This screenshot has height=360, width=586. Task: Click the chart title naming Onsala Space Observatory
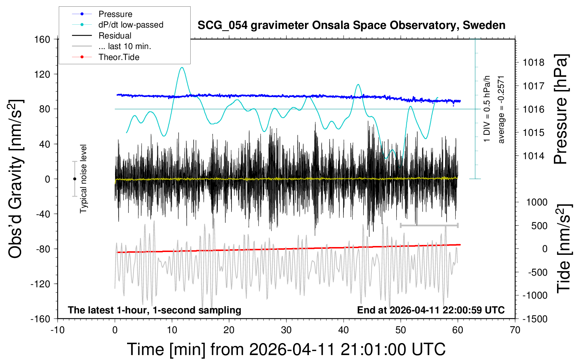click(351, 25)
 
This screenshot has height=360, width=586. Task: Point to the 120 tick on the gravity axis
click(43, 74)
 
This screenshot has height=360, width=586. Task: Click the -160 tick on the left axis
click(40, 319)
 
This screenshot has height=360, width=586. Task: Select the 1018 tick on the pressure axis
click(533, 62)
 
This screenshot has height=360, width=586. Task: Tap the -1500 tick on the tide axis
click(535, 319)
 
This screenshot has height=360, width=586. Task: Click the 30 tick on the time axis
click(286, 330)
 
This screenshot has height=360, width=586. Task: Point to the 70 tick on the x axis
click(515, 330)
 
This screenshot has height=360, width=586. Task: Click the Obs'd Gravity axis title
click(16, 179)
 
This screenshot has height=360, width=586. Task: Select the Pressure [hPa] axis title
click(561, 109)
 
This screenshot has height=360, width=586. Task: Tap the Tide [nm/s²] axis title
click(564, 248)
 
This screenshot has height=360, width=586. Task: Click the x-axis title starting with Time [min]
click(286, 349)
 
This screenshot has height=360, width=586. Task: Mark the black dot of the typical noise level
click(74, 179)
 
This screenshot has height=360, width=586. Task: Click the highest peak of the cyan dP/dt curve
click(182, 67)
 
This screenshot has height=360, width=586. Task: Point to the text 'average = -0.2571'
click(501, 109)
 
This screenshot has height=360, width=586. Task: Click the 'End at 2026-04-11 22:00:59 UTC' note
click(431, 310)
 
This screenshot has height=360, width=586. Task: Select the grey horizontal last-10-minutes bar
click(429, 225)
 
